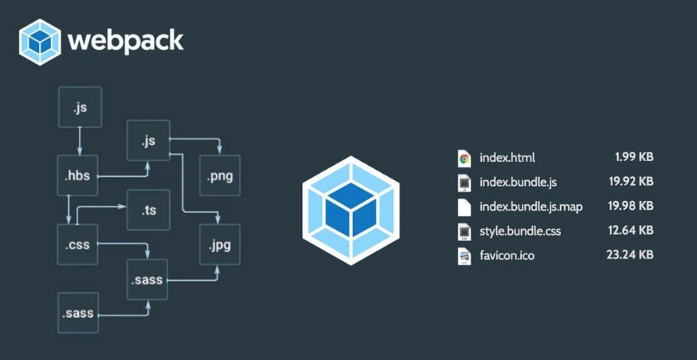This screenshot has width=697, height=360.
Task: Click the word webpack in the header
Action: coord(125,41)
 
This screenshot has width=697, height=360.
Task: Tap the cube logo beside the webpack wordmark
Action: coord(40,42)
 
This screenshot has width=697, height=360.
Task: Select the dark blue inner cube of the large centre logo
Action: coord(351,211)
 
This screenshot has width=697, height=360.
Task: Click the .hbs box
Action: coord(77,175)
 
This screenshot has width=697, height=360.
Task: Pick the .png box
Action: coord(220,175)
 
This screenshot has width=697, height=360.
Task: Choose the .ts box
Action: coord(149,210)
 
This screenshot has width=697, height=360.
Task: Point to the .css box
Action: coord(77,244)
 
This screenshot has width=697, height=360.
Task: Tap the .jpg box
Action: coord(220,244)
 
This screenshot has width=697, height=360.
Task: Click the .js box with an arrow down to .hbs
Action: coord(80,107)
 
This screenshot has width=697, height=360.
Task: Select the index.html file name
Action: coord(507,158)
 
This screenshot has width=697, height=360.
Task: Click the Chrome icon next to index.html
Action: coord(464,158)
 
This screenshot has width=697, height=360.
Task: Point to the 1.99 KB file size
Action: coord(634,157)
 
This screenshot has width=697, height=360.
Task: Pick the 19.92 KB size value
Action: coord(631,182)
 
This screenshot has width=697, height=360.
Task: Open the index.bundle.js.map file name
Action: coord(531,207)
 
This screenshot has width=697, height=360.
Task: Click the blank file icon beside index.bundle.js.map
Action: coord(464,207)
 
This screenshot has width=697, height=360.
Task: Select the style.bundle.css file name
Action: coord(520,231)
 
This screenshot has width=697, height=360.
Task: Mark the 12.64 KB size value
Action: coord(631,230)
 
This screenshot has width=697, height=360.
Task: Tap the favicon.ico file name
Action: coord(507,256)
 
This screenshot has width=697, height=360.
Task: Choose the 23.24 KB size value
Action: coord(630,254)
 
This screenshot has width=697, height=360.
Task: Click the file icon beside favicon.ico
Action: coord(464,257)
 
